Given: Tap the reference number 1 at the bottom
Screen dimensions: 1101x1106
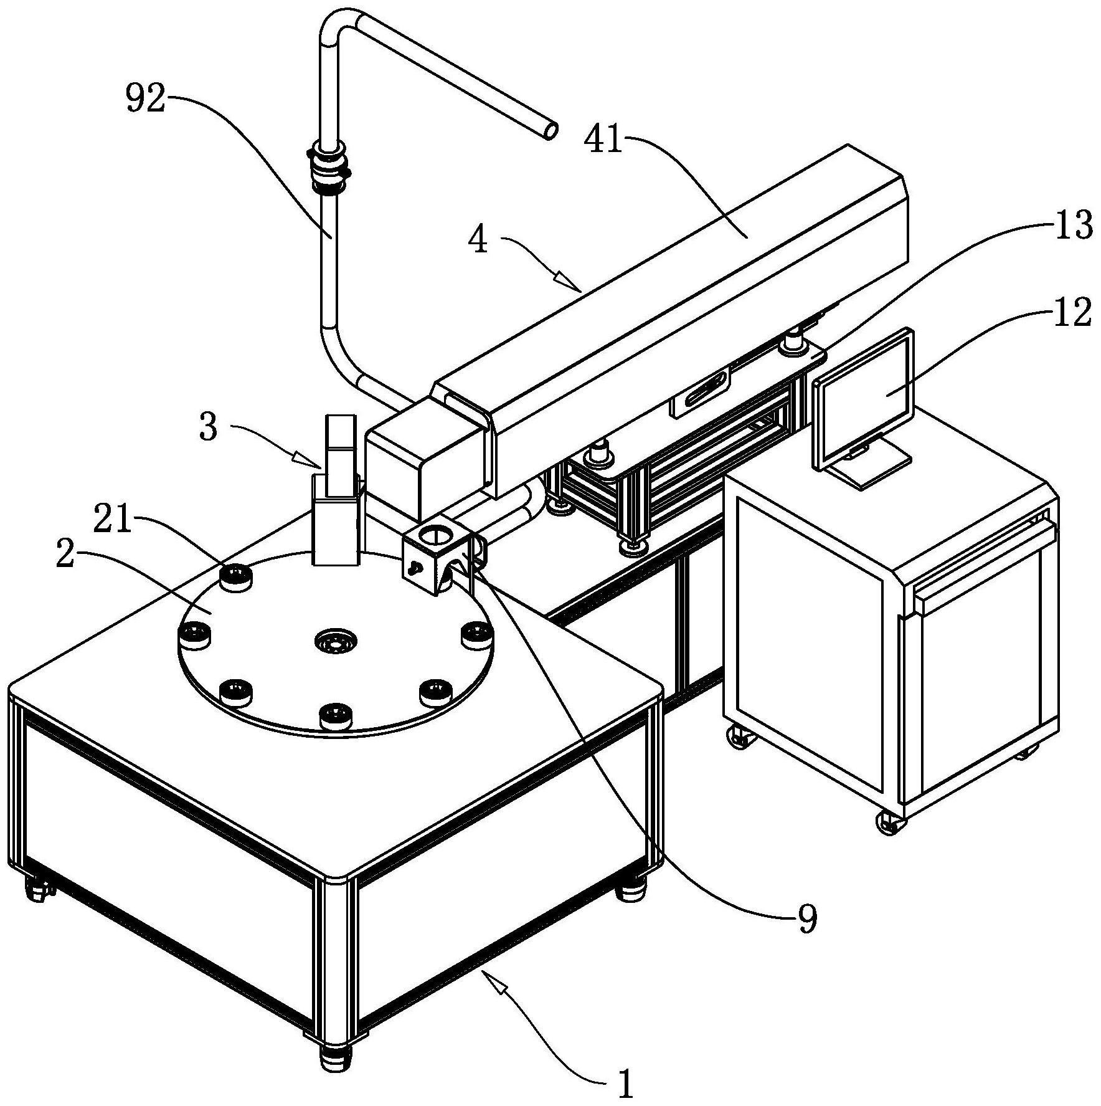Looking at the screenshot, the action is pyautogui.click(x=625, y=1085).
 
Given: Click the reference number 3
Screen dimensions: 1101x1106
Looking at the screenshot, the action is pyautogui.click(x=209, y=429).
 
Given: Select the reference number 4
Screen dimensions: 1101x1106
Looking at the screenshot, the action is pyautogui.click(x=479, y=241).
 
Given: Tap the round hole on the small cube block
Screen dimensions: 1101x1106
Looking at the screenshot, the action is pyautogui.click(x=434, y=533).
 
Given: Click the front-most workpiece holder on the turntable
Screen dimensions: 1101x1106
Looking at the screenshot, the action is pyautogui.click(x=335, y=715).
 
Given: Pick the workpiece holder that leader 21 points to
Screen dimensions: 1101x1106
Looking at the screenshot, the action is pyautogui.click(x=236, y=576).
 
